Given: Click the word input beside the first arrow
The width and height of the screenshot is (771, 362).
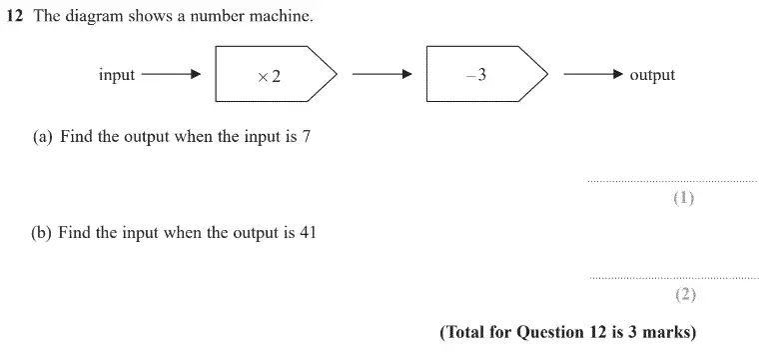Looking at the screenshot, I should [117, 75].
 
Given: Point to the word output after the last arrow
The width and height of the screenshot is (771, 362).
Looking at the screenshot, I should [652, 75].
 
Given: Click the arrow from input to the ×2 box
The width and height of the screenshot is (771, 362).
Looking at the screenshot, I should [171, 75].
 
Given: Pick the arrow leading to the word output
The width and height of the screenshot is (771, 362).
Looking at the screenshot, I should [593, 75].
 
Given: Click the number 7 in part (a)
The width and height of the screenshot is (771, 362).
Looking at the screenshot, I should [306, 137].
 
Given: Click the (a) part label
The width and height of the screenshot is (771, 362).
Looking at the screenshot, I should [42, 137].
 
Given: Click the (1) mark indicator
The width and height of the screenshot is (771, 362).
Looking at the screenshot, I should [683, 198].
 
